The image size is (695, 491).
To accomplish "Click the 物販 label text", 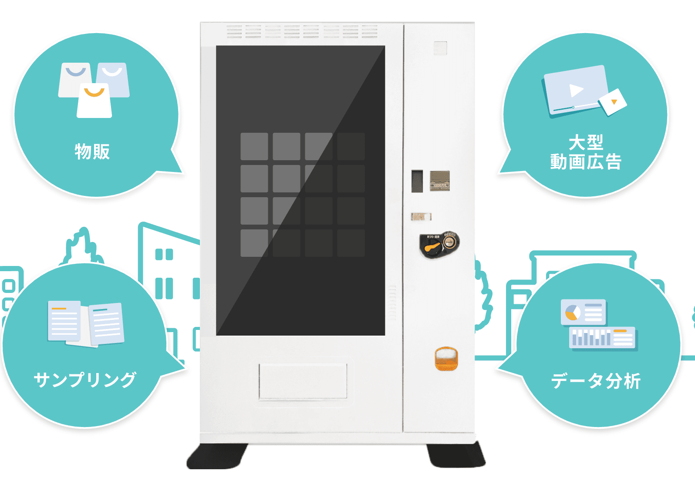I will (x=92, y=151).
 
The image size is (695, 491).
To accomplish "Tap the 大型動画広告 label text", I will (x=586, y=152).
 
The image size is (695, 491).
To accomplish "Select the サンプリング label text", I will (x=85, y=380).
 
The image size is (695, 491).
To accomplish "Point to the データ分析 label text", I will (x=596, y=381).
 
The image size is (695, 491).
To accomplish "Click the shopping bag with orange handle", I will (x=94, y=101).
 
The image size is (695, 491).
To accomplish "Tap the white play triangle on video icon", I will (x=576, y=90).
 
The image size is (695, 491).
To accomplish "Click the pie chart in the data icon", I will (x=572, y=312).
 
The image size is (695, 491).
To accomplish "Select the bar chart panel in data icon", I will (x=603, y=338).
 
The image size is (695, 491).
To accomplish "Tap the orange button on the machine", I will (x=446, y=359).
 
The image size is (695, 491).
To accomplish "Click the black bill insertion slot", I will (x=417, y=181).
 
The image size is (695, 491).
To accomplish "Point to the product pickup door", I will (x=303, y=381).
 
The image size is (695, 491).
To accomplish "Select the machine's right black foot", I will (x=456, y=455).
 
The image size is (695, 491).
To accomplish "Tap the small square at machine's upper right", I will (x=440, y=48).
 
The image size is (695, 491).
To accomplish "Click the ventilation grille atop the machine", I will (x=302, y=31).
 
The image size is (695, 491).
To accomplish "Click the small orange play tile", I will (x=613, y=102).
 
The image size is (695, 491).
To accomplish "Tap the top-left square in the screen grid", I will (x=254, y=146).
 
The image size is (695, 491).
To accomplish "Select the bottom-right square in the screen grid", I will (x=351, y=243).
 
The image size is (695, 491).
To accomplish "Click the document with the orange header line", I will (x=64, y=321).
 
